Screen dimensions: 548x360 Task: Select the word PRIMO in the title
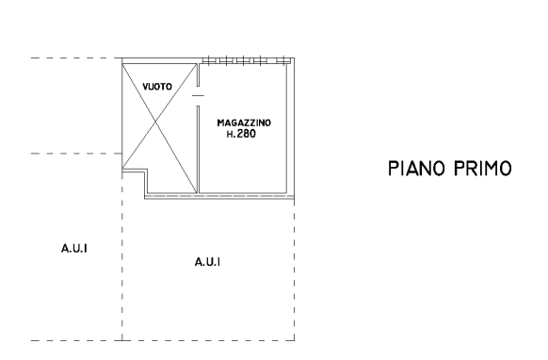coord(483,169)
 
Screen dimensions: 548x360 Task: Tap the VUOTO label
coord(157,87)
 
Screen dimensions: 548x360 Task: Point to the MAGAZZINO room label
coord(244,123)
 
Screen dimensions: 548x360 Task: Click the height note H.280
coord(241,134)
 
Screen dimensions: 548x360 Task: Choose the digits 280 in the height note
coord(247,134)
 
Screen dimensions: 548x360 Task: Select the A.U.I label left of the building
coord(74,249)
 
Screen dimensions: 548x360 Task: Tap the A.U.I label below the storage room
coord(207,262)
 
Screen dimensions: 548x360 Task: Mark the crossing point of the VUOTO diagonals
coord(156,122)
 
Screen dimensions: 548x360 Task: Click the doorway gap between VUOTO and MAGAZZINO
coord(198,96)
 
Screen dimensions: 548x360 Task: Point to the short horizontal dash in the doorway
coord(198,95)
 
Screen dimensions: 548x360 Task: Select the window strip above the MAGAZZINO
coord(247,61)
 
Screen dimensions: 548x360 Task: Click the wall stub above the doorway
coord(198,74)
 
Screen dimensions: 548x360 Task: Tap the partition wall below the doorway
coord(198,150)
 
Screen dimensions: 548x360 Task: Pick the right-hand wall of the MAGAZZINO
coord(287,128)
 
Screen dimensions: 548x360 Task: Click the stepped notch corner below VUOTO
coord(146,171)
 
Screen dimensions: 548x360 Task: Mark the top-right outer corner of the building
coord(295,58)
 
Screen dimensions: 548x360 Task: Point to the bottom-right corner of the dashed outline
coord(295,340)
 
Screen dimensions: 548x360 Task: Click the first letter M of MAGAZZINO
coord(220,123)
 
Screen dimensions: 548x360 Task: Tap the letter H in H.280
coord(229,134)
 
